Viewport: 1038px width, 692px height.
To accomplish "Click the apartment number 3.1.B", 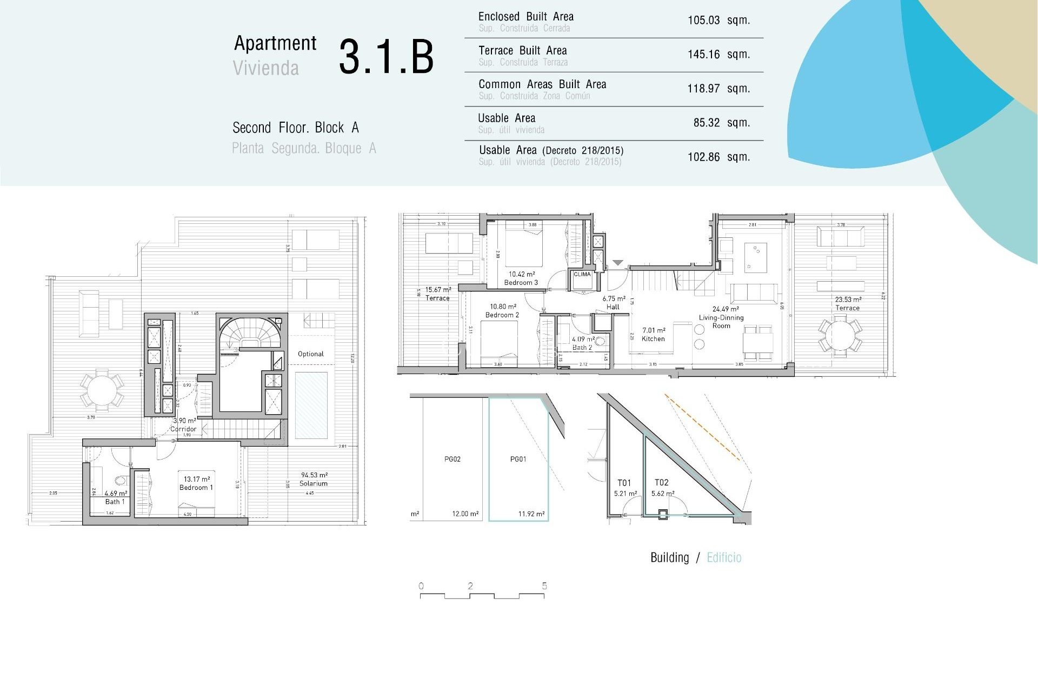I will click(386, 56).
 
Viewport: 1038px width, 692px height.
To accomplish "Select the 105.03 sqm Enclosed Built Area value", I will click(718, 21).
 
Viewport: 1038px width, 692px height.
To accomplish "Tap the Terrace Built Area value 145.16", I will click(703, 55).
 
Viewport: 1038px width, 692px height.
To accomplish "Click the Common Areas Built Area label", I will click(542, 84).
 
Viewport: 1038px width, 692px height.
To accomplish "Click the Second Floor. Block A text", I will click(295, 128).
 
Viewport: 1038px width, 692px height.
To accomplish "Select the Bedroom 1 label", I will click(196, 487).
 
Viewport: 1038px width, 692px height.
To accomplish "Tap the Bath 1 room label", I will click(115, 502).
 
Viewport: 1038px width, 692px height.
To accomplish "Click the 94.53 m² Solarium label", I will click(314, 480).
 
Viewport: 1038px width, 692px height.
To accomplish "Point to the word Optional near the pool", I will click(310, 354).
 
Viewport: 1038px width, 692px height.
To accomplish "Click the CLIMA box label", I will click(582, 274).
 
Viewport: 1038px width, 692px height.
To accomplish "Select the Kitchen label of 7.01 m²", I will click(653, 338).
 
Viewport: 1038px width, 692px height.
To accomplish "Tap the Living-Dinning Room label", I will click(721, 321).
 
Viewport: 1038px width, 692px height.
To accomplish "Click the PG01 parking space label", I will click(518, 459).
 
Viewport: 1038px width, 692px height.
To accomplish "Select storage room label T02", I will click(661, 482).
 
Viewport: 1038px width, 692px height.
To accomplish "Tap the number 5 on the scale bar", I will click(544, 586).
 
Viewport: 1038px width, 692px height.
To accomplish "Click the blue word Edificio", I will click(724, 557).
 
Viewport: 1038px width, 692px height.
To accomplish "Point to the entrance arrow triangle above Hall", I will click(617, 263).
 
